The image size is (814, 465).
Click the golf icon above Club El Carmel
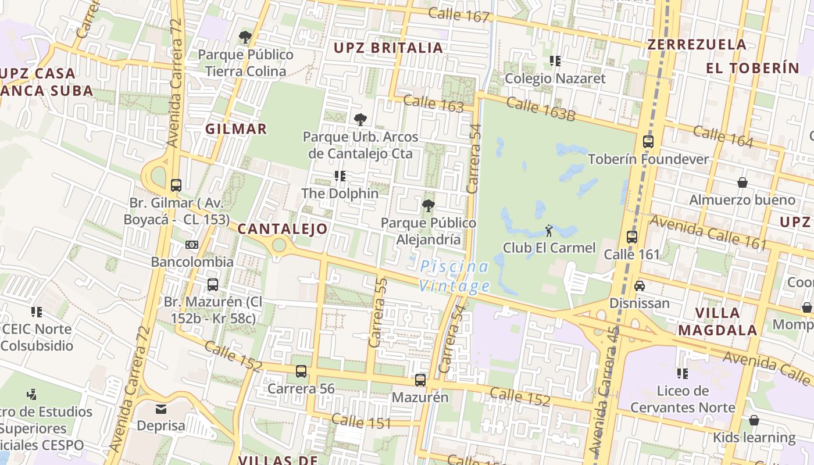click(x=549, y=231)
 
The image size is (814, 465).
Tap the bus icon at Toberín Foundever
click(x=648, y=142)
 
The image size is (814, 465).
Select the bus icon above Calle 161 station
click(x=632, y=237)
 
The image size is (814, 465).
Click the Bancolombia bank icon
click(x=192, y=245)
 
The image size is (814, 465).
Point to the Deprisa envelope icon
click(x=160, y=409)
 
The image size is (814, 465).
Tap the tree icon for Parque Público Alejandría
click(x=429, y=205)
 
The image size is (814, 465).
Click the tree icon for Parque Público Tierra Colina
click(x=245, y=37)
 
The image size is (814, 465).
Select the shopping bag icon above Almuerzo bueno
click(x=742, y=183)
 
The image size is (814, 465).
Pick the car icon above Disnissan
click(x=640, y=286)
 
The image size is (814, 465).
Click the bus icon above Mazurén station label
click(x=420, y=381)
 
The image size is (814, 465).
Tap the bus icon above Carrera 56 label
click(x=301, y=371)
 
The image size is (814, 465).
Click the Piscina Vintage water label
click(x=455, y=277)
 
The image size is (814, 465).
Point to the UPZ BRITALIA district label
click(x=388, y=48)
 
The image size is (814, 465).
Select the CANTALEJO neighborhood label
click(x=283, y=229)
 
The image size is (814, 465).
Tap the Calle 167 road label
click(x=459, y=15)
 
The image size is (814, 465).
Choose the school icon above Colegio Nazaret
click(x=555, y=60)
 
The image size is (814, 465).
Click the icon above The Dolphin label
click(x=340, y=176)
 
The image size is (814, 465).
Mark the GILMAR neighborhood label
click(x=236, y=129)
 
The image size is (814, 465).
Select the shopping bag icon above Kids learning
click(x=754, y=420)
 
